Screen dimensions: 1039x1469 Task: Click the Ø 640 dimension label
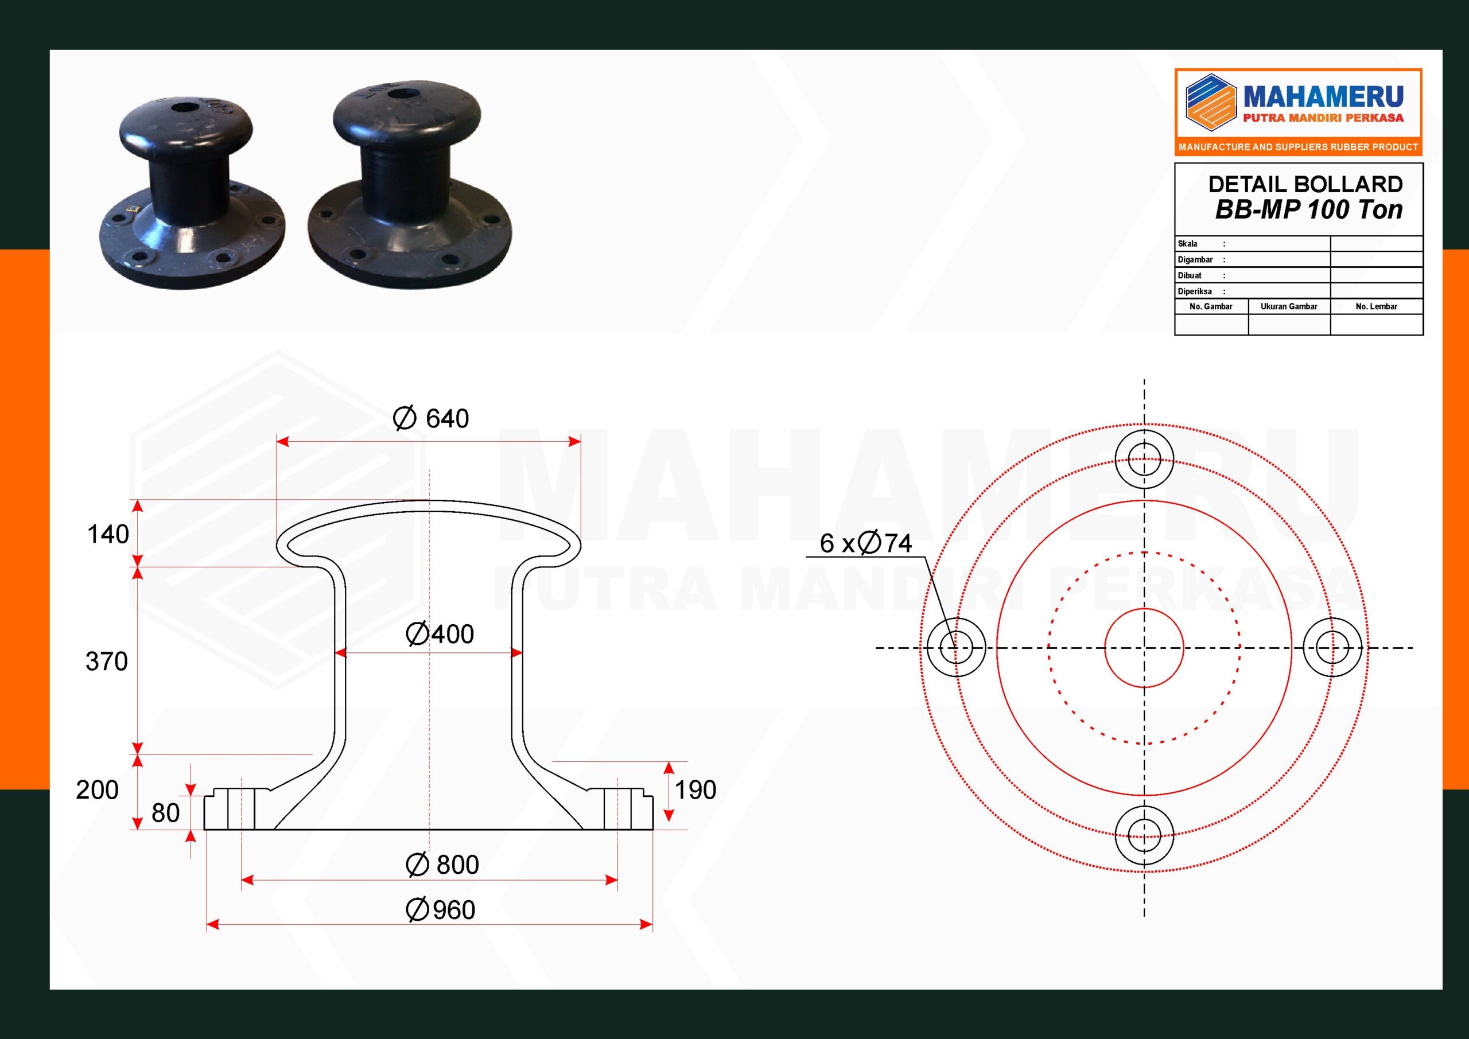pyautogui.click(x=430, y=418)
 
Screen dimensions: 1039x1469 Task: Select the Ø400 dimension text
pyautogui.click(x=440, y=634)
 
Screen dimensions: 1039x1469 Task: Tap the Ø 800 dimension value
pyautogui.click(x=442, y=865)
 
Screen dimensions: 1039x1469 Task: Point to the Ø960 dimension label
pyautogui.click(x=440, y=910)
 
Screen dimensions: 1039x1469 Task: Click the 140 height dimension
pyautogui.click(x=108, y=534)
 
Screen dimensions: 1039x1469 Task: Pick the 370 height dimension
pyautogui.click(x=107, y=661)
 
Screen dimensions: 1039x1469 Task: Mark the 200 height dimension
pyautogui.click(x=97, y=790)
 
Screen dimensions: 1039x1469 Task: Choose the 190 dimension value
pyautogui.click(x=695, y=790)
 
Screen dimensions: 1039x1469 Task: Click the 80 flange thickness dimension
pyautogui.click(x=166, y=813)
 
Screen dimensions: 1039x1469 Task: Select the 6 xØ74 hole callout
pyautogui.click(x=866, y=543)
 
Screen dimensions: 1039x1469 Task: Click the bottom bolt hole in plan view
pyautogui.click(x=1144, y=835)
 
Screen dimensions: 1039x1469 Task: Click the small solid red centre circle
pyautogui.click(x=1144, y=648)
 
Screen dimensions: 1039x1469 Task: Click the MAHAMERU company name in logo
pyautogui.click(x=1323, y=98)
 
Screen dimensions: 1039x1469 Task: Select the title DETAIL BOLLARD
pyautogui.click(x=1305, y=184)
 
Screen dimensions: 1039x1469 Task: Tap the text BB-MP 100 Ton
pyautogui.click(x=1308, y=210)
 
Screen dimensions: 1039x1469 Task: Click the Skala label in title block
pyautogui.click(x=1187, y=244)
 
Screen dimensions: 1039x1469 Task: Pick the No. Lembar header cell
pyautogui.click(x=1376, y=306)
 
